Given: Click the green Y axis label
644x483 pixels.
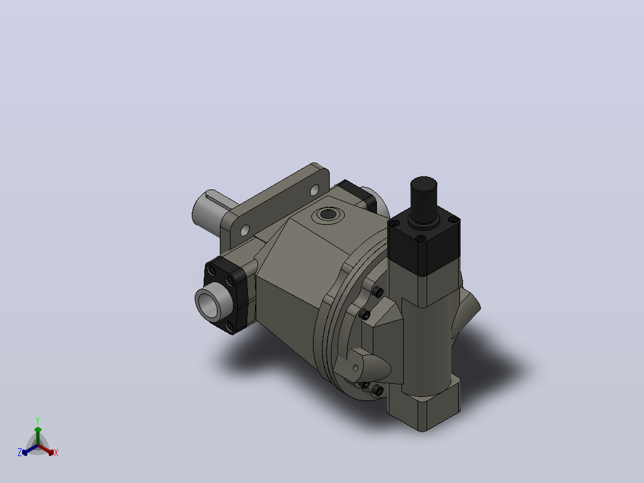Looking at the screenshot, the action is pyautogui.click(x=38, y=420).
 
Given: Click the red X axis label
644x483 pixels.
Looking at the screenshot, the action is pyautogui.click(x=56, y=453).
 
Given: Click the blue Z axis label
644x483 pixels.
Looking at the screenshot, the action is pyautogui.click(x=20, y=452).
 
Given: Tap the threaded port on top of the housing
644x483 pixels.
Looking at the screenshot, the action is pyautogui.click(x=328, y=214).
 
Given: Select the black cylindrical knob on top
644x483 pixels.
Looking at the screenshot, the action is pyautogui.click(x=424, y=200).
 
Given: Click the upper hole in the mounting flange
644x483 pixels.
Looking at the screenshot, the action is pyautogui.click(x=314, y=190).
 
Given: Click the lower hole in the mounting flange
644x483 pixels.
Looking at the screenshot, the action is pyautogui.click(x=245, y=230).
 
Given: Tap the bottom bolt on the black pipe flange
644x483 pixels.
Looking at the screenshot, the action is pyautogui.click(x=229, y=326).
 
